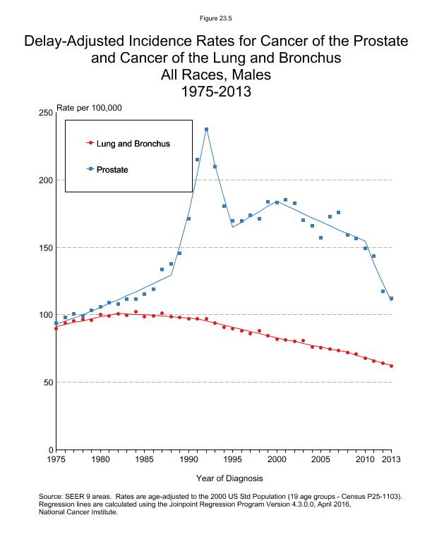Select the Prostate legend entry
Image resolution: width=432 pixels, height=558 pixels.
click(112, 169)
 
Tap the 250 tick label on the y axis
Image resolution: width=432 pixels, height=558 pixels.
click(44, 113)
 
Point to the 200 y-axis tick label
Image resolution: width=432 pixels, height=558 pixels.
click(44, 180)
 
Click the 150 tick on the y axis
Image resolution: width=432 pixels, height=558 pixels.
click(44, 247)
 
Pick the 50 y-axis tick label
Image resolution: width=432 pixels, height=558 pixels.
click(47, 383)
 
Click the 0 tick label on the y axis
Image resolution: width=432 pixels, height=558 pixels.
click(49, 449)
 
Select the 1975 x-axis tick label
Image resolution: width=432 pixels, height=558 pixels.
click(56, 460)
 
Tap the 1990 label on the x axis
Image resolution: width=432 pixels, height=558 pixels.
click(188, 460)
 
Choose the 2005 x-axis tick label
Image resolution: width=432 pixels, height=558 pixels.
click(321, 460)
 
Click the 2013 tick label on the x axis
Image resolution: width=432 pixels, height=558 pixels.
click(392, 460)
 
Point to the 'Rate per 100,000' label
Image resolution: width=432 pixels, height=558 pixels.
click(89, 108)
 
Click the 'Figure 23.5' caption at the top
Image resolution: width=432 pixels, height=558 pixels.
click(216, 17)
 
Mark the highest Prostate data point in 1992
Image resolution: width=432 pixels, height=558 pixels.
click(206, 130)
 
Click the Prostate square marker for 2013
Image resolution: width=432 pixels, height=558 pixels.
click(392, 299)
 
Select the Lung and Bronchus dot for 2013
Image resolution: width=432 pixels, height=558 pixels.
click(392, 366)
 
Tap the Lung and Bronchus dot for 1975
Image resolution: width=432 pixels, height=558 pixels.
click(56, 328)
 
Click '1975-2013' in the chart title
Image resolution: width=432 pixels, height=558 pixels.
click(216, 92)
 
